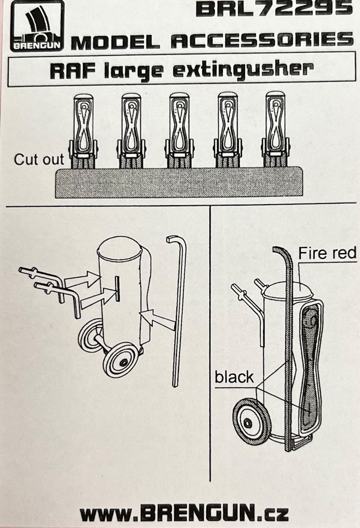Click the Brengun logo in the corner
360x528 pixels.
[x=37, y=26]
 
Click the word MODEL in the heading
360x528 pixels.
[x=116, y=42]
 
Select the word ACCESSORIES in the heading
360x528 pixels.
[x=262, y=40]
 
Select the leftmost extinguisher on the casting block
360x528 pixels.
[x=83, y=131]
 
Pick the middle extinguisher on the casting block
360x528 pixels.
[x=179, y=130]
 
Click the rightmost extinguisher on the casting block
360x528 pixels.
[x=276, y=129]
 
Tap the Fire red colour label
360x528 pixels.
[x=327, y=253]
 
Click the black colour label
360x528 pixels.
[x=234, y=377]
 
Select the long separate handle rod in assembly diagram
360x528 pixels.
[x=179, y=311]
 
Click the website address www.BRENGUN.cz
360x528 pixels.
[x=184, y=514]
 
